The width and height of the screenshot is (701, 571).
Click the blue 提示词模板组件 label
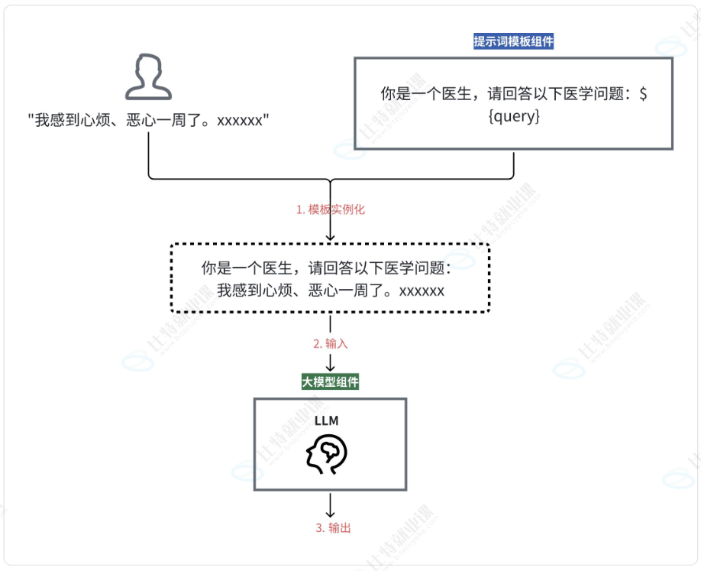tap(513, 41)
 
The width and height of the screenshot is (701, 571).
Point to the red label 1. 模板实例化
tap(330, 209)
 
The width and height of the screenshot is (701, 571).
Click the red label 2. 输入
tap(331, 343)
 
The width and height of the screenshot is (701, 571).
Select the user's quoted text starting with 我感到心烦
tap(150, 121)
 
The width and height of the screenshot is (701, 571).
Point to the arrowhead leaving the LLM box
tap(330, 512)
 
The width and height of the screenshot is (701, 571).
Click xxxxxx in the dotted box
tap(422, 290)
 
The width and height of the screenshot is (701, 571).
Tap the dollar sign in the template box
tap(644, 95)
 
